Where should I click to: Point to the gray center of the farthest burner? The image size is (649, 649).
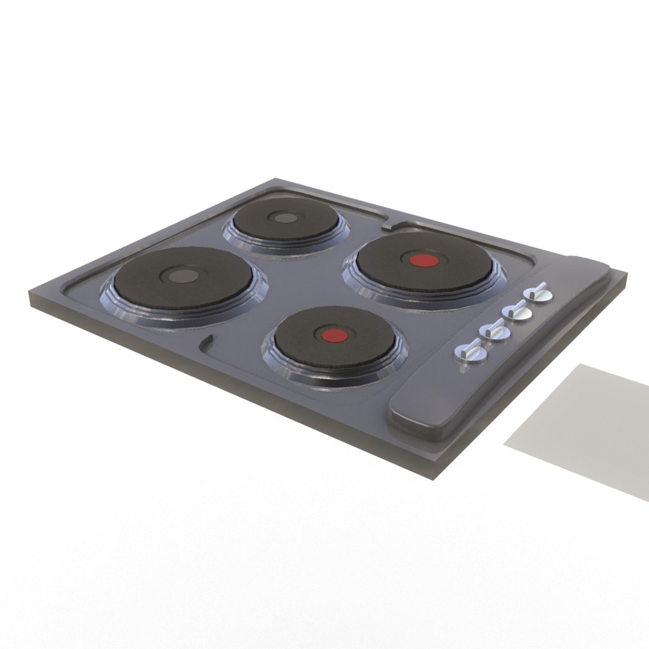tap(284, 218)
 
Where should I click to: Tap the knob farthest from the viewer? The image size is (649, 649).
tap(536, 294)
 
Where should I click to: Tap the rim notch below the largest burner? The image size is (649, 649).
tap(206, 343)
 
